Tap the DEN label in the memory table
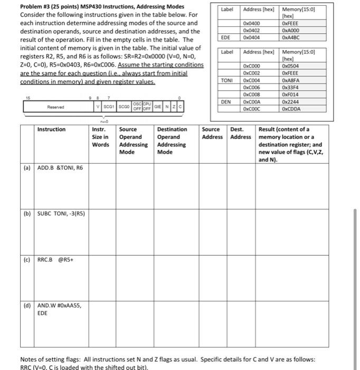coord(225,101)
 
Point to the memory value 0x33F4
coord(290,88)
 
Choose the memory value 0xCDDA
coord(291,108)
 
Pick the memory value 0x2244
coord(290,101)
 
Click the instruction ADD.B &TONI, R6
coord(60,168)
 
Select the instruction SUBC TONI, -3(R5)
coord(61,214)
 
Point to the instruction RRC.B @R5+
coord(54,260)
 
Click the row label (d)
coord(27,305)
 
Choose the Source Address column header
coord(213,133)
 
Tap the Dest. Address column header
coord(240,133)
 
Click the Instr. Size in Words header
coord(101,137)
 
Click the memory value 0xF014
coord(290,95)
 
